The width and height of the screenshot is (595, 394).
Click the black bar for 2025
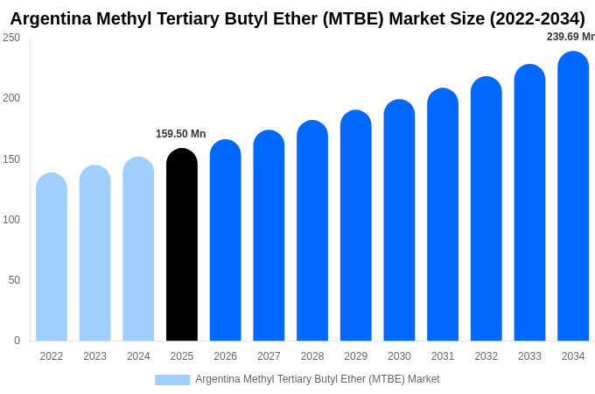[182, 245]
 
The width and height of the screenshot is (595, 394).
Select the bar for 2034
[573, 197]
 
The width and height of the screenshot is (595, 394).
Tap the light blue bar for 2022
[52, 257]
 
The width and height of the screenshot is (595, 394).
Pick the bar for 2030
[399, 221]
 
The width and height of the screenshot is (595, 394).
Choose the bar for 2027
[269, 236]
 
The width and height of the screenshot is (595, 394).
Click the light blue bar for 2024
[138, 250]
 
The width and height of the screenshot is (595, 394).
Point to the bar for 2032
[486, 209]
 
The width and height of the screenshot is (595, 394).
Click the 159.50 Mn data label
[180, 134]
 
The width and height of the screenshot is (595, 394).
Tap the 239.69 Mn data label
[570, 37]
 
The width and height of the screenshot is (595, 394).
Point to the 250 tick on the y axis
[11, 38]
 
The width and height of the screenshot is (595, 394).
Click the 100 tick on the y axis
[11, 220]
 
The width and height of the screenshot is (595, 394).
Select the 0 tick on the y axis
[17, 341]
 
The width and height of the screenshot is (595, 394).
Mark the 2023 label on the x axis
[94, 356]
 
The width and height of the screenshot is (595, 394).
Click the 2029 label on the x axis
[355, 356]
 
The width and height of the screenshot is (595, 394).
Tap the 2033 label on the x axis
[529, 356]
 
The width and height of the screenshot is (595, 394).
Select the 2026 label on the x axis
[225, 356]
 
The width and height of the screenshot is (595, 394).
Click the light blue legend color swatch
[172, 380]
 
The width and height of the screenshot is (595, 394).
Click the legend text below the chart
[317, 379]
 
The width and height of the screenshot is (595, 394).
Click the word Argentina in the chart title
[53, 18]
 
